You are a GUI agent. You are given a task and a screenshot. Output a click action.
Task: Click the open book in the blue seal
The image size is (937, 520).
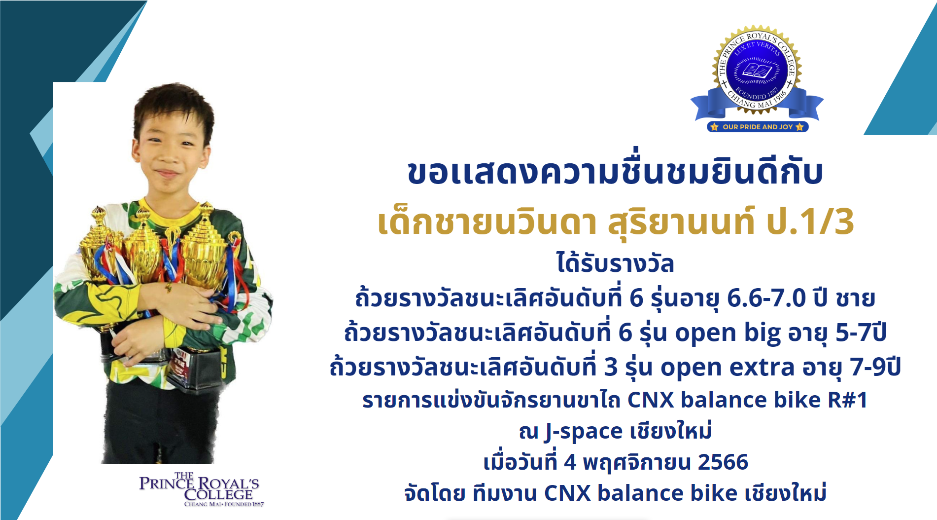pos(757,70)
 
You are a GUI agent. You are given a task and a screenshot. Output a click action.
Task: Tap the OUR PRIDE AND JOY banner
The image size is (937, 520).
pos(758,127)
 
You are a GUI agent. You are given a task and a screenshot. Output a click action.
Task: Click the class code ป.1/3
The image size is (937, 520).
pos(810,222)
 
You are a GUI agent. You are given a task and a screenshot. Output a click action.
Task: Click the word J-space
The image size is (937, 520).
pos(584,432)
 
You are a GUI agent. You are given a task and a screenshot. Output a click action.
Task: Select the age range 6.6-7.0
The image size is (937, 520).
pos(766,298)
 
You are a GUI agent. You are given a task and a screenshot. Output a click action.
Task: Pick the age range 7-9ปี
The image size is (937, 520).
pos(875,367)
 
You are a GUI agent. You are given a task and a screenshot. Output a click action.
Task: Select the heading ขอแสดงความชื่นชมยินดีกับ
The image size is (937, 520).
pos(615,172)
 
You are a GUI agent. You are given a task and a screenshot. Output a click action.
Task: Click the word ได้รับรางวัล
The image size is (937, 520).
pos(615,263)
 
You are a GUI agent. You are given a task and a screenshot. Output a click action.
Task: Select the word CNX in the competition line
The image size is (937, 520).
pos(651,400)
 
